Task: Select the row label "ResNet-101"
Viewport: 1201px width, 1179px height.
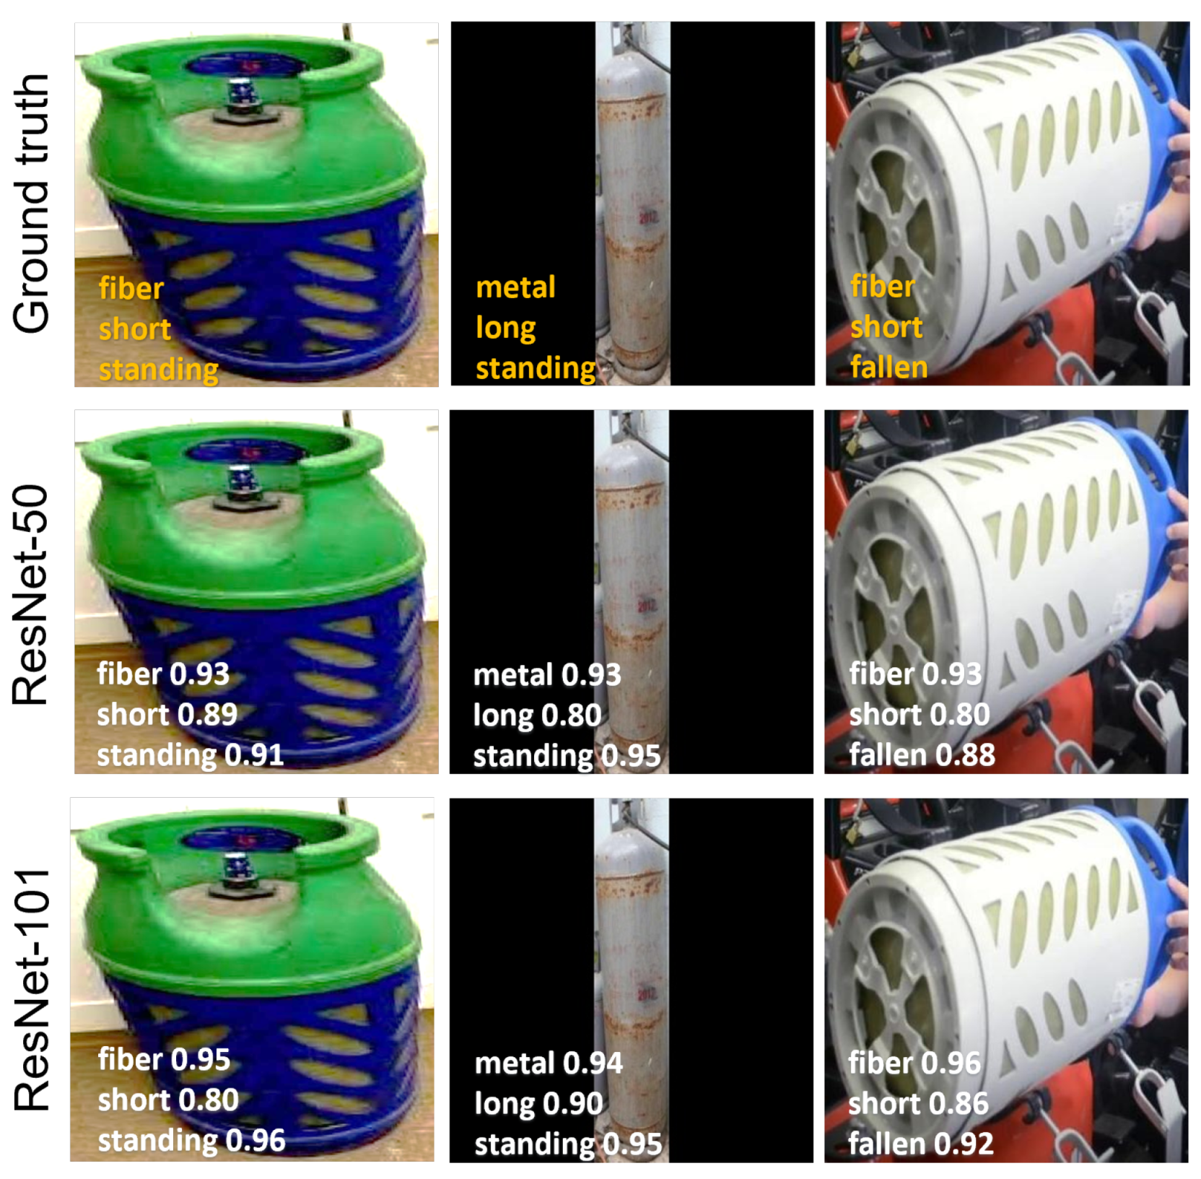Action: [x=32, y=989]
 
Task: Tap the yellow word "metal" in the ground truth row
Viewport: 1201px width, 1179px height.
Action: [x=515, y=287]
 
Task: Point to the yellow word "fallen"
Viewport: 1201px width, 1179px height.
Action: [x=888, y=367]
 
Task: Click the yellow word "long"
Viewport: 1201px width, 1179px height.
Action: [x=505, y=329]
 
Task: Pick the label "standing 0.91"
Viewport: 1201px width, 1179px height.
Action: [x=190, y=755]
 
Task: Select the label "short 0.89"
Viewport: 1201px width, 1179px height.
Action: [x=167, y=715]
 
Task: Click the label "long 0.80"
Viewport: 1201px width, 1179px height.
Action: [x=537, y=715]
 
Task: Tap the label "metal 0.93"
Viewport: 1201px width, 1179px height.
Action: [x=546, y=675]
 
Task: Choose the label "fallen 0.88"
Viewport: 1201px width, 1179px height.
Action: [x=922, y=755]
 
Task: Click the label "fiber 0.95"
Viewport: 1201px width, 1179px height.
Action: [x=164, y=1059]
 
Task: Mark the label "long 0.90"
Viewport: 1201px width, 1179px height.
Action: [x=538, y=1103]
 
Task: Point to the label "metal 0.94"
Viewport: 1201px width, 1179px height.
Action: [x=548, y=1063]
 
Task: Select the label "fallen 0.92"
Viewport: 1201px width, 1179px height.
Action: [x=920, y=1144]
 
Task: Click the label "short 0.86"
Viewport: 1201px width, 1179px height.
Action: [x=918, y=1103]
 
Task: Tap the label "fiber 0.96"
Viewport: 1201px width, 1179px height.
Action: [x=914, y=1063]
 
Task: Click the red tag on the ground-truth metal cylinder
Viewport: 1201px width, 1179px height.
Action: [x=647, y=217]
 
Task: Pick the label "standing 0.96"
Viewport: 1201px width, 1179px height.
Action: [x=191, y=1141]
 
